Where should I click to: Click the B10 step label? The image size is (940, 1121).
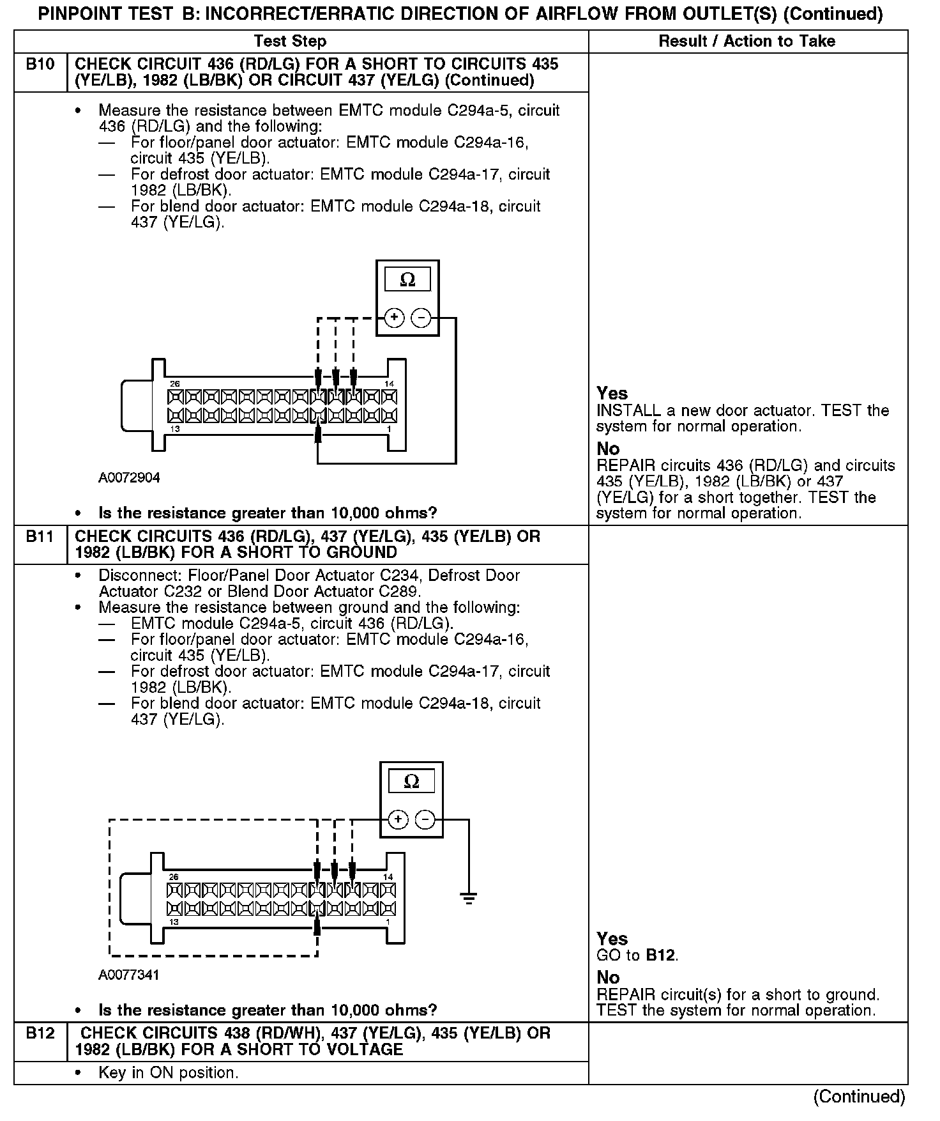40,65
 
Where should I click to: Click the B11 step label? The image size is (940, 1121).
40,537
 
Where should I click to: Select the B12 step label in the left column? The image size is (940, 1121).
40,1033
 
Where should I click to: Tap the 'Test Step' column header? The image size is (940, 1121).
290,42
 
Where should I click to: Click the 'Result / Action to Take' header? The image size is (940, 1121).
747,42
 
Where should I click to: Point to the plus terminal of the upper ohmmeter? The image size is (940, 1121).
394,318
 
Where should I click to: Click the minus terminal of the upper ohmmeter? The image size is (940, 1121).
421,318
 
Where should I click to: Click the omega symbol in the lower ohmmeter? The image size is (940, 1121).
412,781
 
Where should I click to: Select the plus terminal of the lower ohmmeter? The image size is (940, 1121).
398,819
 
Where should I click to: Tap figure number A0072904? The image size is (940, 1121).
129,478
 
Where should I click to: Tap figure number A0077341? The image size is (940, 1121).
129,975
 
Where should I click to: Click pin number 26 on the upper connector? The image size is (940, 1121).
174,384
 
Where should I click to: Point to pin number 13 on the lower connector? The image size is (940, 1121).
174,922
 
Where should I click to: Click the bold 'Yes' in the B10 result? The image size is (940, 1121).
612,394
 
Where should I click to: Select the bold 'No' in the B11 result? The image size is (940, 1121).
608,978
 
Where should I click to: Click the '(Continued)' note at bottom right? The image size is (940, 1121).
859,1097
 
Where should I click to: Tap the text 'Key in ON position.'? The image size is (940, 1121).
169,1072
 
